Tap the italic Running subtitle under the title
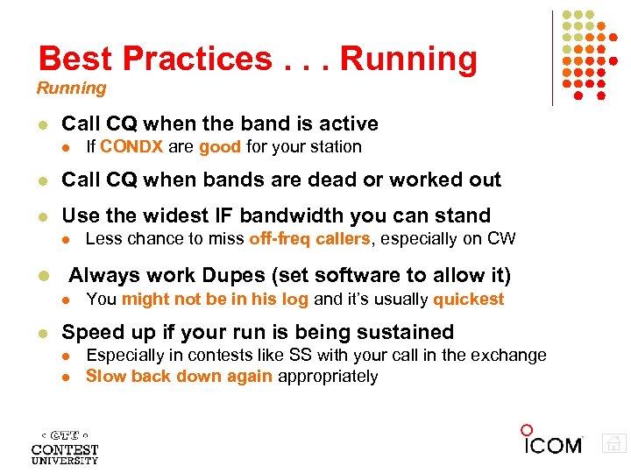[x=71, y=88]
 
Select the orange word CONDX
[x=131, y=147]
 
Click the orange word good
[x=220, y=147]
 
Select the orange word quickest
[x=469, y=300]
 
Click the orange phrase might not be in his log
[x=216, y=300]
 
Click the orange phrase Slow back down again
[x=179, y=377]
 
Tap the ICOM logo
[x=552, y=441]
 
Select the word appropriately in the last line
[x=328, y=377]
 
